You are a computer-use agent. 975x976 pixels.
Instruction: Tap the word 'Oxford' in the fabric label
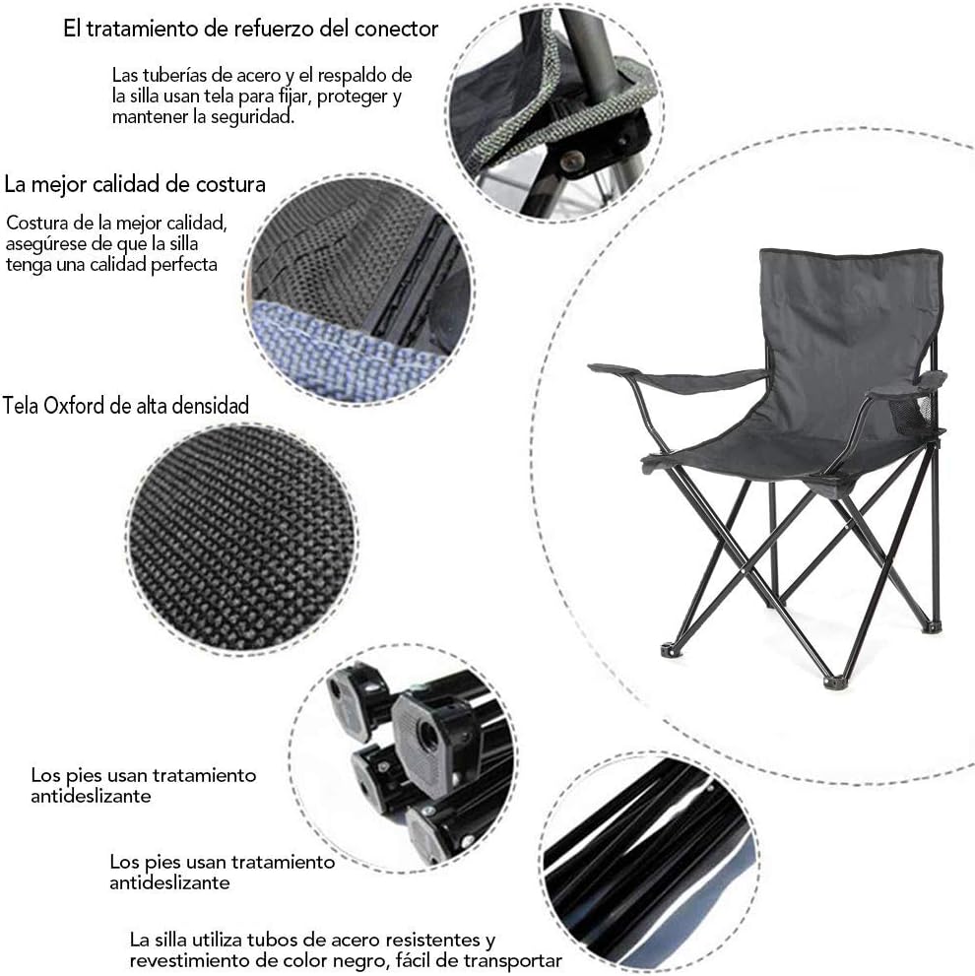tap(74, 405)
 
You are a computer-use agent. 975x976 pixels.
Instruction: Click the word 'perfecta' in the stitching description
tap(185, 265)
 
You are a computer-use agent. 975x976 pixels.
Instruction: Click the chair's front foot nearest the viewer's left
tap(671, 650)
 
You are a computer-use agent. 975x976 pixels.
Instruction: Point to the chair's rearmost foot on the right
tap(932, 626)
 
